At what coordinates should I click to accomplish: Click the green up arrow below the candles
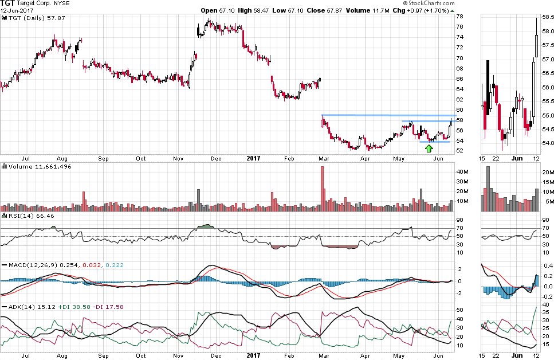pos(429,148)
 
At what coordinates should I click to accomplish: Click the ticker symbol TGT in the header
pos(8,3)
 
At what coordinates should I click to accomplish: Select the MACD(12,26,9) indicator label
pos(32,265)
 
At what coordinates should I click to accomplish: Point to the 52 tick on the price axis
pos(460,151)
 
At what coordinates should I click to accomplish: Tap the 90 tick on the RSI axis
pos(459,219)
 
